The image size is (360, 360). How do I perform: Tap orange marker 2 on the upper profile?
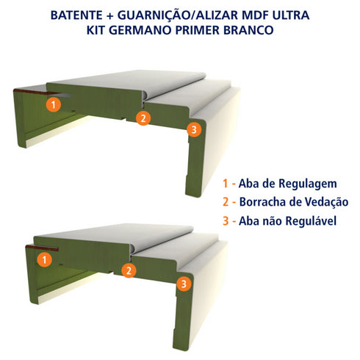[x=144, y=117]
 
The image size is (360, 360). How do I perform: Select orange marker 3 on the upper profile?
[x=193, y=130]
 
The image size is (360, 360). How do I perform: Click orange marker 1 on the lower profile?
[x=45, y=259]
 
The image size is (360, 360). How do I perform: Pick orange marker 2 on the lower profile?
[x=129, y=270]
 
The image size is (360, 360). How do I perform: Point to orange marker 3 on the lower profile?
[x=185, y=283]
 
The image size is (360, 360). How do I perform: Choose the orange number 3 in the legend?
[x=225, y=220]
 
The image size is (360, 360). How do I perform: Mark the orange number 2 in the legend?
[x=225, y=202]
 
